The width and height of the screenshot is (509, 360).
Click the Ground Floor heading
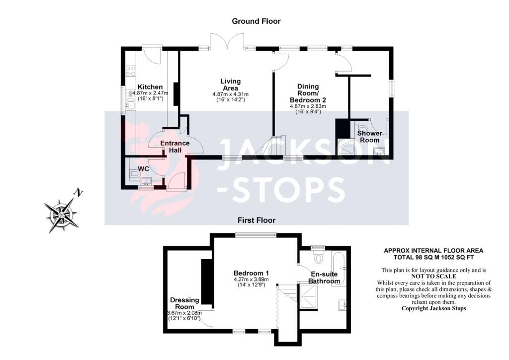(x=256, y=21)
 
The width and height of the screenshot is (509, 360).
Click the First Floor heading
(x=256, y=220)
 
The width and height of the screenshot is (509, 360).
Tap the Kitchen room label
(x=150, y=87)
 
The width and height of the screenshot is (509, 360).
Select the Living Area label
(x=231, y=85)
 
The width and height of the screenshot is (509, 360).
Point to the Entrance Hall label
(x=175, y=146)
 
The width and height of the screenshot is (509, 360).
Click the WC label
(x=144, y=169)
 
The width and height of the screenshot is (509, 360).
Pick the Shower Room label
(x=369, y=137)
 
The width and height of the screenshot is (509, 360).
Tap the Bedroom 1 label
(x=251, y=273)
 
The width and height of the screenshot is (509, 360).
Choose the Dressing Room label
(x=184, y=303)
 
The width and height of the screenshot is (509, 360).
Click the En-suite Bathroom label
(x=324, y=277)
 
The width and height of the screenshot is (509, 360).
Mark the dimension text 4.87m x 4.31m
(x=231, y=94)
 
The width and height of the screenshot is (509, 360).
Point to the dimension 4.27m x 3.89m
(x=251, y=279)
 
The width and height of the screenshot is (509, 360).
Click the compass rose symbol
(x=61, y=215)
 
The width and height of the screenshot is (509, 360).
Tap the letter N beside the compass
(x=78, y=193)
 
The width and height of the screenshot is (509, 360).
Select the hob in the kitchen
(x=131, y=71)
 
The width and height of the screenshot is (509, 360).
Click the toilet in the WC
(x=134, y=175)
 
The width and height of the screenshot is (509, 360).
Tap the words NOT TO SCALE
(x=433, y=276)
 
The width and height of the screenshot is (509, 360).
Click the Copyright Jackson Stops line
(x=433, y=308)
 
